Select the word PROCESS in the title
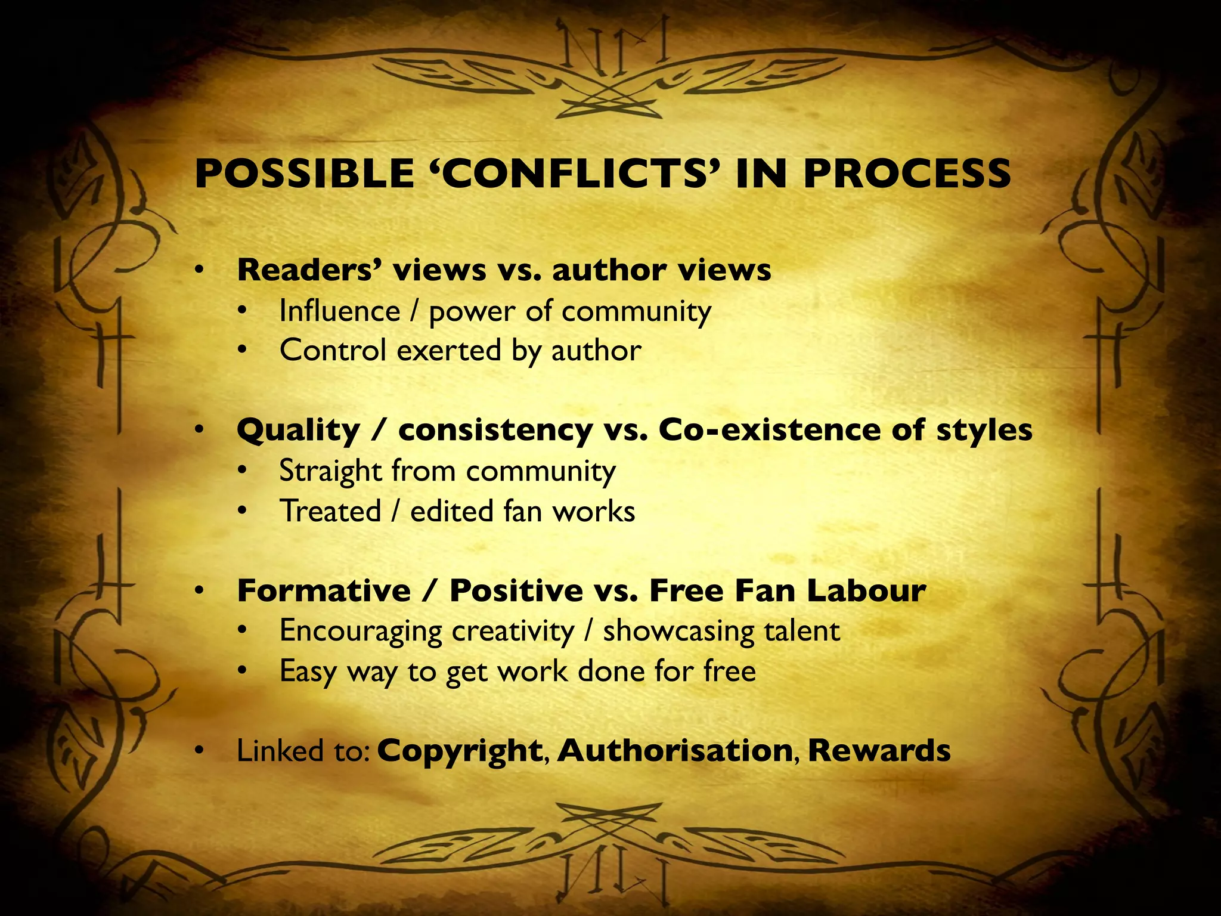click(906, 174)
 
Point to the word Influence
click(340, 311)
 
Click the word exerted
click(448, 351)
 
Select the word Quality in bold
click(299, 430)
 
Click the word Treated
click(330, 512)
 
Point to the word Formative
click(324, 591)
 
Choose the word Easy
click(308, 672)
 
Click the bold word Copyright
click(460, 751)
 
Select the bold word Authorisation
click(675, 750)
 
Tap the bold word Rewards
click(879, 750)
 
